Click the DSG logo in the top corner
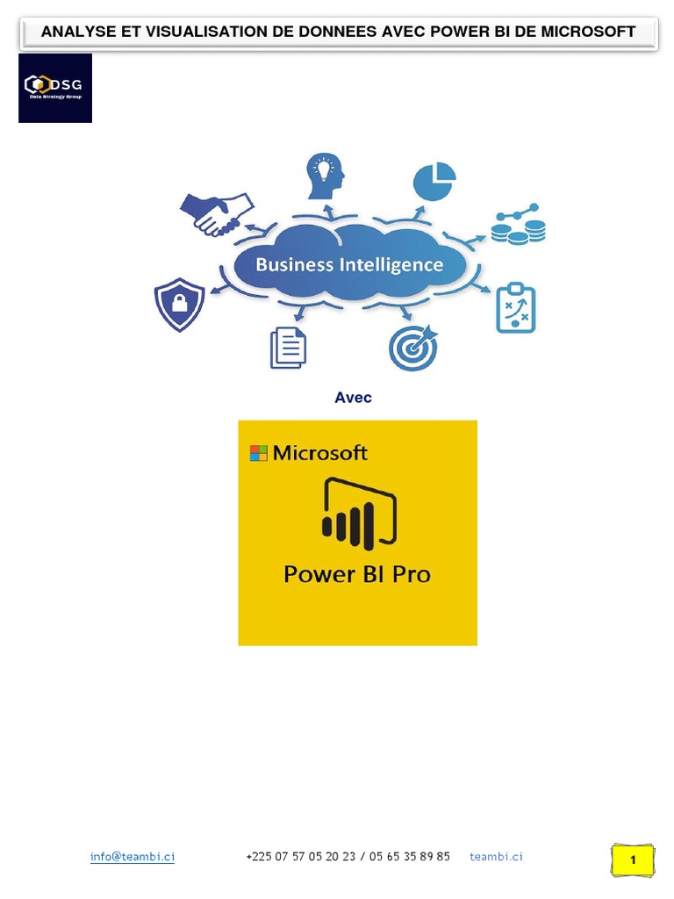[54, 88]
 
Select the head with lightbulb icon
[324, 176]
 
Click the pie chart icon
[434, 182]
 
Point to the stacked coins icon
[518, 224]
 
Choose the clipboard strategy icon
[515, 307]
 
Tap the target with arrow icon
[412, 348]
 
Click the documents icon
[288, 348]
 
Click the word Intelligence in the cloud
[393, 264]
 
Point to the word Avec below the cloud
[353, 398]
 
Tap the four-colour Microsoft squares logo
[258, 453]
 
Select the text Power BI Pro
[357, 575]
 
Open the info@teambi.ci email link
[132, 857]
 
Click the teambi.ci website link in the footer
[496, 857]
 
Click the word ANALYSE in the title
[76, 32]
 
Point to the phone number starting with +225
[348, 857]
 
